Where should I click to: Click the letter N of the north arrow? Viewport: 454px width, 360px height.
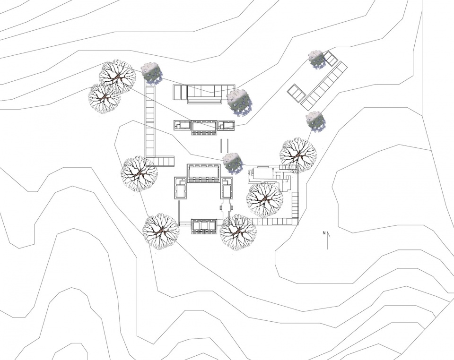pyautogui.click(x=324, y=233)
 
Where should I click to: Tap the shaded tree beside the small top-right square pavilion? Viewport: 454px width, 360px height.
pyautogui.click(x=317, y=60)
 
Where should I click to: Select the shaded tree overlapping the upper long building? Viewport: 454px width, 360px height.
pyautogui.click(x=239, y=101)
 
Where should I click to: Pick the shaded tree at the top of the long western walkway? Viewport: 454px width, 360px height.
pyautogui.click(x=151, y=73)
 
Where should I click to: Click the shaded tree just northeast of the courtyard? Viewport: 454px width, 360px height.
pyautogui.click(x=233, y=163)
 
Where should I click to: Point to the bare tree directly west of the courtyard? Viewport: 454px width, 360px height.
pyautogui.click(x=139, y=174)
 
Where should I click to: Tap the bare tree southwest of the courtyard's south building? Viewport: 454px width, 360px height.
pyautogui.click(x=161, y=232)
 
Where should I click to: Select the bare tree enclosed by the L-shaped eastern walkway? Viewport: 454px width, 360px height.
pyautogui.click(x=265, y=200)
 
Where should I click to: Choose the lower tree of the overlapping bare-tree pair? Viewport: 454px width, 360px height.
pyautogui.click(x=104, y=98)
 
